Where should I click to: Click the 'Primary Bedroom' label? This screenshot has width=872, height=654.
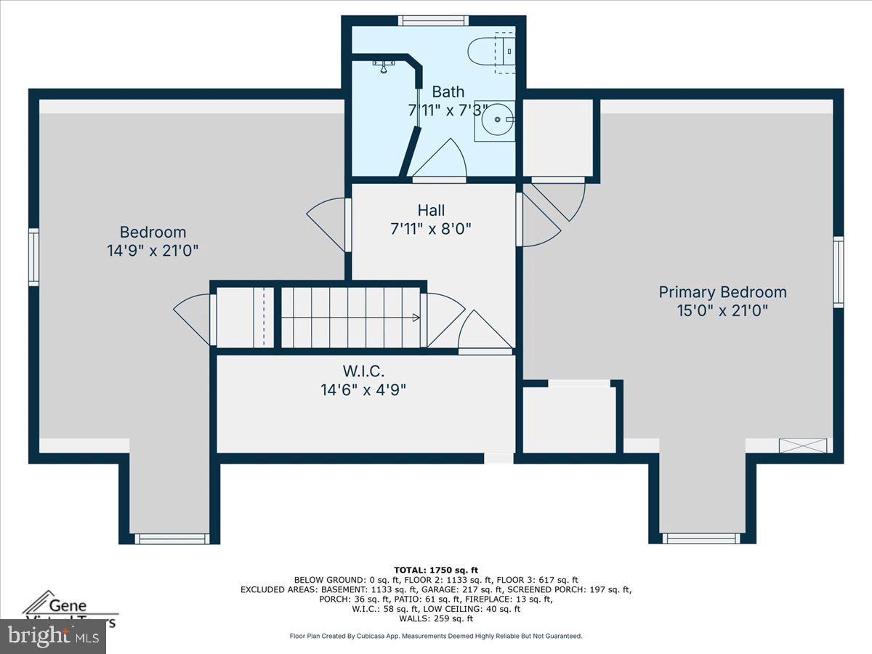[722, 292]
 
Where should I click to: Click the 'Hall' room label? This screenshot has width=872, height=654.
[431, 210]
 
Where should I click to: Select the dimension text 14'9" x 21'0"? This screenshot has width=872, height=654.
[153, 251]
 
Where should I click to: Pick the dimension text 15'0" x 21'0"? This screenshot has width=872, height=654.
[722, 310]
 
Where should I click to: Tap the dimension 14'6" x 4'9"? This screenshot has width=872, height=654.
[363, 389]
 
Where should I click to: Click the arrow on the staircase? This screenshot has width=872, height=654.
[415, 318]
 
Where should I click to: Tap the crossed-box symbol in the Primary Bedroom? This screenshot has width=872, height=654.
[803, 445]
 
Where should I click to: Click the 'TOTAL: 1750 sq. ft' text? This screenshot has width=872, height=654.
[436, 570]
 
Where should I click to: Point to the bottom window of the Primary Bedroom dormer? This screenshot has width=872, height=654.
[701, 538]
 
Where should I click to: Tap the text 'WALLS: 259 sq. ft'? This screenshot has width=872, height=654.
[436, 618]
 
